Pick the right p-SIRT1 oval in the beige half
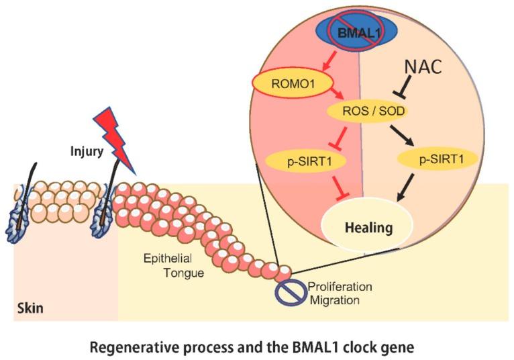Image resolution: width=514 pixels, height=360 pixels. (x=432, y=159)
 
